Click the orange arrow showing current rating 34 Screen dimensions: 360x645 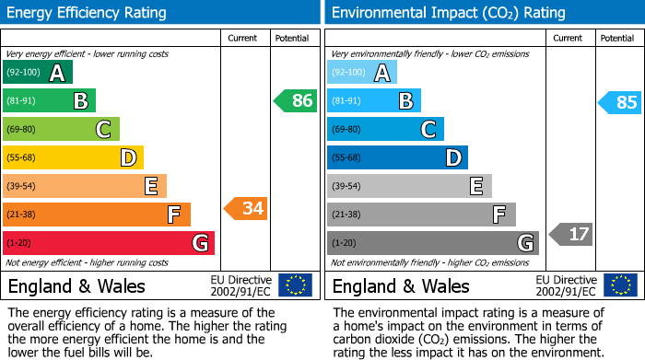click(245, 209)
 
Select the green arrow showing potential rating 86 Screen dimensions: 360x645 click(296, 101)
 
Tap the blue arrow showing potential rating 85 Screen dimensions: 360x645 click(620, 102)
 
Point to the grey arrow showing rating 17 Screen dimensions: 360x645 click(571, 234)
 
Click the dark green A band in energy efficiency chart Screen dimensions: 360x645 click(38, 73)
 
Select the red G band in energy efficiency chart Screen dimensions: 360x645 click(109, 243)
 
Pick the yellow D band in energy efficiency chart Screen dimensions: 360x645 click(73, 158)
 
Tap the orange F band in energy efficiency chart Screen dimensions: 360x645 click(97, 215)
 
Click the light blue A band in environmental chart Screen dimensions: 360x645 click(362, 73)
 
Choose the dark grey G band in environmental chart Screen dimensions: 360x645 click(432, 243)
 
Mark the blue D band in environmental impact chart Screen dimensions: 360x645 click(397, 158)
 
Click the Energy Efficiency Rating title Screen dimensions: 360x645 click(88, 13)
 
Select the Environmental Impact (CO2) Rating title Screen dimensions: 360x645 click(448, 13)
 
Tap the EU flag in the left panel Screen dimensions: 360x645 click(295, 285)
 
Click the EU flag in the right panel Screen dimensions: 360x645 click(619, 285)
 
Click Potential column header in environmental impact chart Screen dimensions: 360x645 click(617, 38)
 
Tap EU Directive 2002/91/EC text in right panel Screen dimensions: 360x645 click(565, 285)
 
